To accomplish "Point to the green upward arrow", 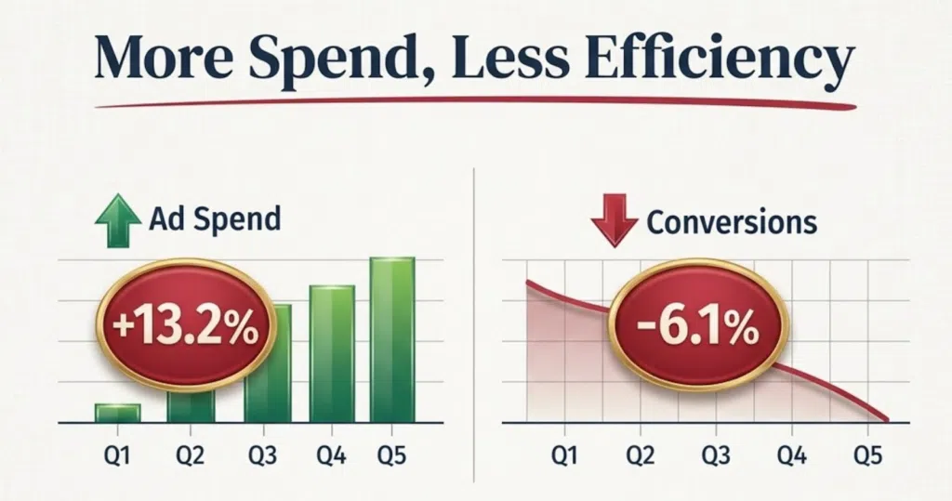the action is [118, 220].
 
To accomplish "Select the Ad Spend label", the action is [215, 219].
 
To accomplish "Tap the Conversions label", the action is [732, 222].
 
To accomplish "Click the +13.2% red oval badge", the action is [186, 328].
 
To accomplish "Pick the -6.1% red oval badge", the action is [698, 327].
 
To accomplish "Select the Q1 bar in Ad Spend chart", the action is [118, 413].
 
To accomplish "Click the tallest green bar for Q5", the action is [392, 340].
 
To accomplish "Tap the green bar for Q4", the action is [332, 354].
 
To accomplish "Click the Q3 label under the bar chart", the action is [262, 455].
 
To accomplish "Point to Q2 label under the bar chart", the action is [190, 455].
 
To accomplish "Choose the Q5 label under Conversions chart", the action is [867, 455].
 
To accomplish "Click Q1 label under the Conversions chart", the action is [564, 455].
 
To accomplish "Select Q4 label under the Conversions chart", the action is [792, 455].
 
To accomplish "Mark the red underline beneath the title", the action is [475, 102].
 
